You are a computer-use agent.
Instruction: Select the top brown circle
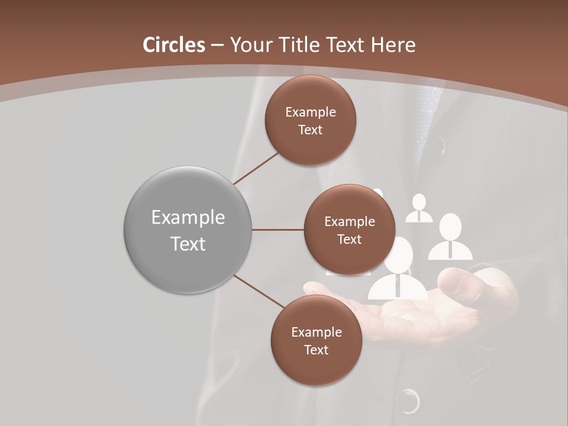(x=310, y=120)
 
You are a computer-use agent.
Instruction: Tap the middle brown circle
(x=349, y=230)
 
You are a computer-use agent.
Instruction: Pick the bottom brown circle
(x=316, y=340)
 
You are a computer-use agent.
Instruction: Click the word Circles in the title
(x=174, y=45)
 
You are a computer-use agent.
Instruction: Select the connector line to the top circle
(x=256, y=168)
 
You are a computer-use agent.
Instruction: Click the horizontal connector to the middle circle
(x=277, y=230)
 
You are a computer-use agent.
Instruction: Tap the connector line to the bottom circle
(x=259, y=292)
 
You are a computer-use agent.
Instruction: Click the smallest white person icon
(x=419, y=208)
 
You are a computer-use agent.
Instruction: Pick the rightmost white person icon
(x=451, y=237)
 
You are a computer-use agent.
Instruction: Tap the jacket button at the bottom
(x=408, y=402)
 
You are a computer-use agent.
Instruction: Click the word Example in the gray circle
(x=188, y=218)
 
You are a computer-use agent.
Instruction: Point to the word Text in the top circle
(x=310, y=130)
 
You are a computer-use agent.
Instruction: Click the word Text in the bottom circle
(x=316, y=350)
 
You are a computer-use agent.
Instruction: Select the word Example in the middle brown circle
(x=349, y=221)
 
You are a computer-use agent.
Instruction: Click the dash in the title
(x=217, y=45)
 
